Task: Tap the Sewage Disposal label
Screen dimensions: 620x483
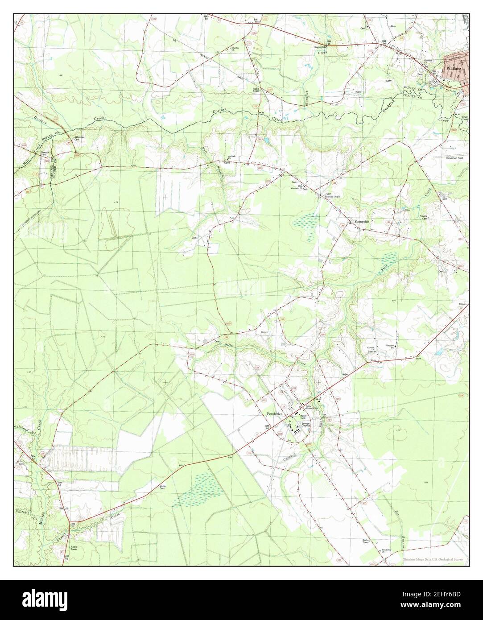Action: pos(305,425)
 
